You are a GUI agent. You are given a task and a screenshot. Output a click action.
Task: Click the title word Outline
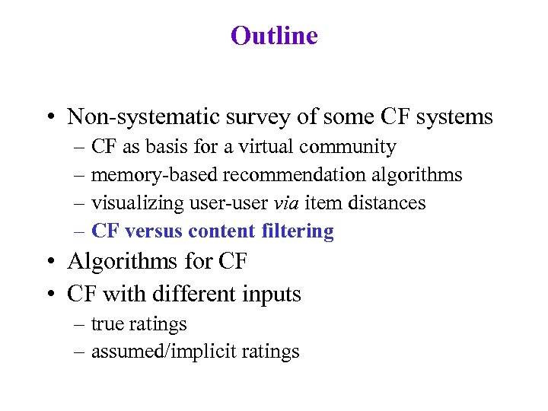click(x=274, y=36)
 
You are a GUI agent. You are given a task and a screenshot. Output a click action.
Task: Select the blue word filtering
click(x=298, y=231)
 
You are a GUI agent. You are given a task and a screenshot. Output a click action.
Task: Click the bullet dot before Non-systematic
click(x=49, y=118)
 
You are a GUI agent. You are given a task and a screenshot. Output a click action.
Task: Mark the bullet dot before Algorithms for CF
click(x=49, y=263)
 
